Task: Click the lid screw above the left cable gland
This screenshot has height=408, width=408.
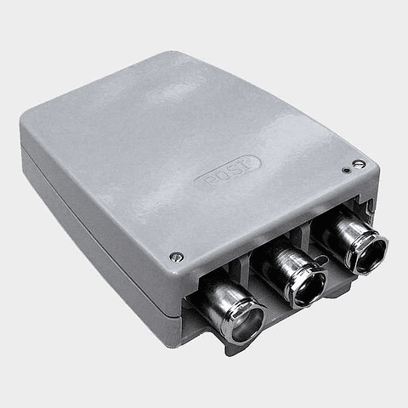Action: coord(176,257)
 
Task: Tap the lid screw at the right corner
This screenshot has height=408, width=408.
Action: coord(359,164)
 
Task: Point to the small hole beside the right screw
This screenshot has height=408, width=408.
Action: coord(346,169)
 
